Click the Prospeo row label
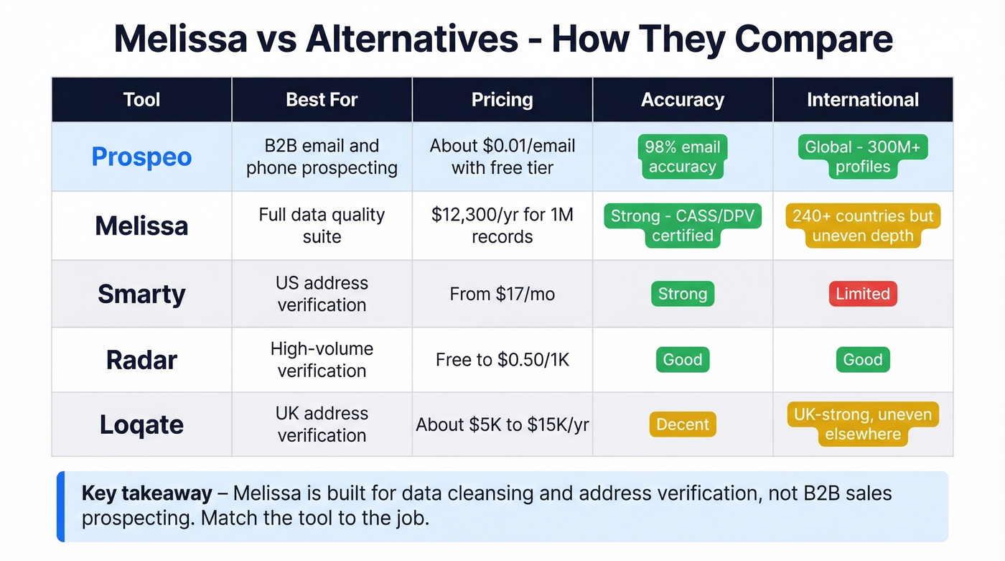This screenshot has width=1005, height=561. [141, 157]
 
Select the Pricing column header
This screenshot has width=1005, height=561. [502, 100]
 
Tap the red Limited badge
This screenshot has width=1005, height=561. [862, 294]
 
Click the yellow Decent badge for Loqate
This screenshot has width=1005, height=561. [682, 425]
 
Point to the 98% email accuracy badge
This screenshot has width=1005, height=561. [682, 157]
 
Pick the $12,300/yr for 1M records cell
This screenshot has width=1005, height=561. [502, 226]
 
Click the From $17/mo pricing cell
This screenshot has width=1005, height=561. [502, 294]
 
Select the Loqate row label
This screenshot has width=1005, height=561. [141, 425]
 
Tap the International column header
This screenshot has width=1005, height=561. [862, 100]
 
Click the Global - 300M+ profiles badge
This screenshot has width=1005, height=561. [862, 157]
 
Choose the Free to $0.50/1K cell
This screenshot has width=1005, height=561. [502, 360]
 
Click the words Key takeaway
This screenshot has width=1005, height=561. [146, 493]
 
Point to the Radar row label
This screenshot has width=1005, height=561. [141, 360]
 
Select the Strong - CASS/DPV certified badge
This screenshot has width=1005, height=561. [682, 226]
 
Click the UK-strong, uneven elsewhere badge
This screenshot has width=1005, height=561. [862, 425]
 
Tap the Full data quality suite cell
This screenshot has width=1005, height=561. [322, 226]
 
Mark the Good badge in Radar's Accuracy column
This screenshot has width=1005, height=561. [682, 360]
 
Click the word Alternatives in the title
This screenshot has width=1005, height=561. [412, 40]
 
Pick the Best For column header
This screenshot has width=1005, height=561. [322, 100]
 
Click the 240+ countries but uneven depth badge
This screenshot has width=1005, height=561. [862, 226]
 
